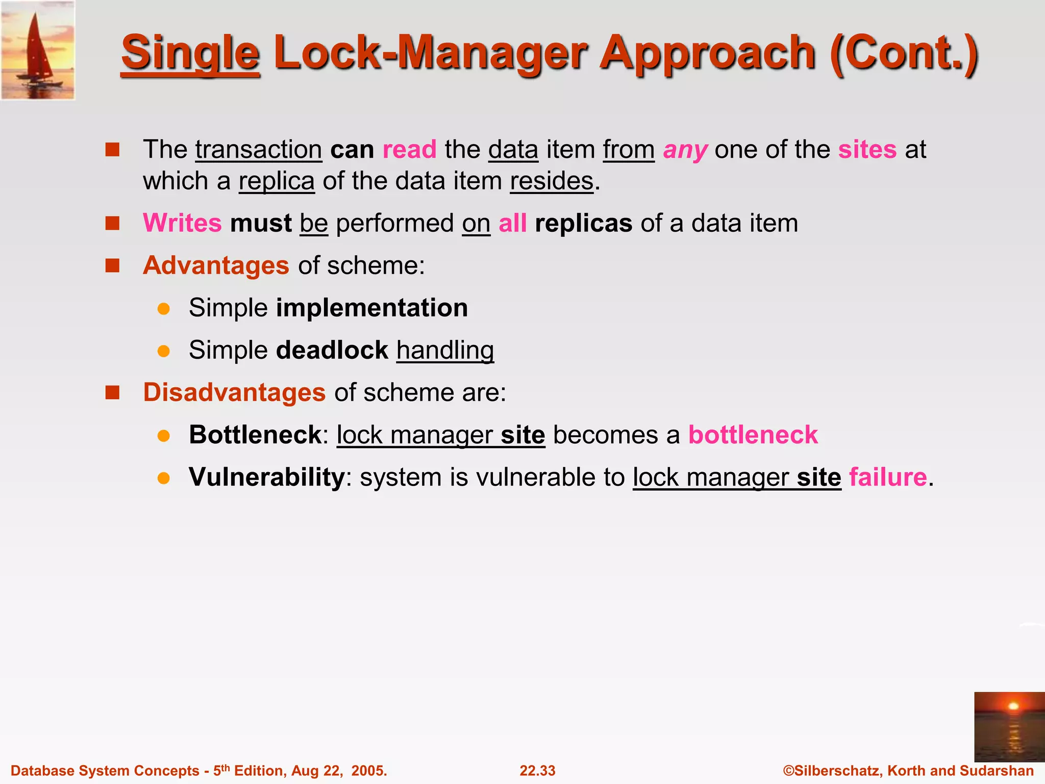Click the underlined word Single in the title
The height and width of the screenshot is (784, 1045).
pyautogui.click(x=190, y=54)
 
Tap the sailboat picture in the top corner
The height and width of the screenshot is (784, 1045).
pyautogui.click(x=38, y=50)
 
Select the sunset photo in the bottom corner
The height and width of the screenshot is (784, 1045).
pyautogui.click(x=1009, y=727)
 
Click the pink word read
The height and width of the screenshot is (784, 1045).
pyautogui.click(x=409, y=150)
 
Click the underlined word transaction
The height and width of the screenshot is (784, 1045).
pyautogui.click(x=258, y=150)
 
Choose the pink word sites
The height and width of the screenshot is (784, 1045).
pyautogui.click(x=867, y=150)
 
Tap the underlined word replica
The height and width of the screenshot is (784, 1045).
pyautogui.click(x=277, y=181)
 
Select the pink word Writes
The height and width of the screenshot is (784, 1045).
pyautogui.click(x=182, y=223)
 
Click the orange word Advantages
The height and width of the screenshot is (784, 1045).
pyautogui.click(x=216, y=265)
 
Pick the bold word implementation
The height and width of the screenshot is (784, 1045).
pyautogui.click(x=372, y=308)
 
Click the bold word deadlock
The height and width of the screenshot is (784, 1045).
pyautogui.click(x=332, y=350)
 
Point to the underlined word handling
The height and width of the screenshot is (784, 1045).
pyautogui.click(x=445, y=351)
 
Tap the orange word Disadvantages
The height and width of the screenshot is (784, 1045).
pyautogui.click(x=234, y=393)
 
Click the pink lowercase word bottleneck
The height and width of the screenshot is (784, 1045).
pyautogui.click(x=753, y=435)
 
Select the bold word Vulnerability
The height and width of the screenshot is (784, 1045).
pyautogui.click(x=267, y=477)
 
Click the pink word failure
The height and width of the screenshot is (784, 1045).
pyautogui.click(x=888, y=477)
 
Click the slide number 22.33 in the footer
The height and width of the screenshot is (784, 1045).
pyautogui.click(x=537, y=770)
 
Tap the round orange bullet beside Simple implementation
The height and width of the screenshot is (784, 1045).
pyautogui.click(x=163, y=308)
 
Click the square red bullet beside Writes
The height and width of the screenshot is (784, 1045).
pyautogui.click(x=112, y=224)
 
